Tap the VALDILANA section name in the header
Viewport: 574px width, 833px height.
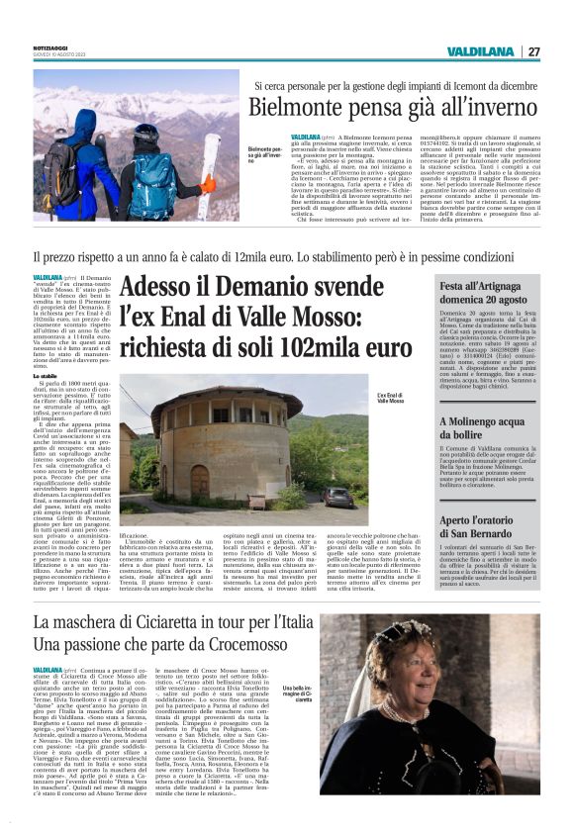(x=480, y=51)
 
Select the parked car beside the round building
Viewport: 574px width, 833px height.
(x=337, y=496)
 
